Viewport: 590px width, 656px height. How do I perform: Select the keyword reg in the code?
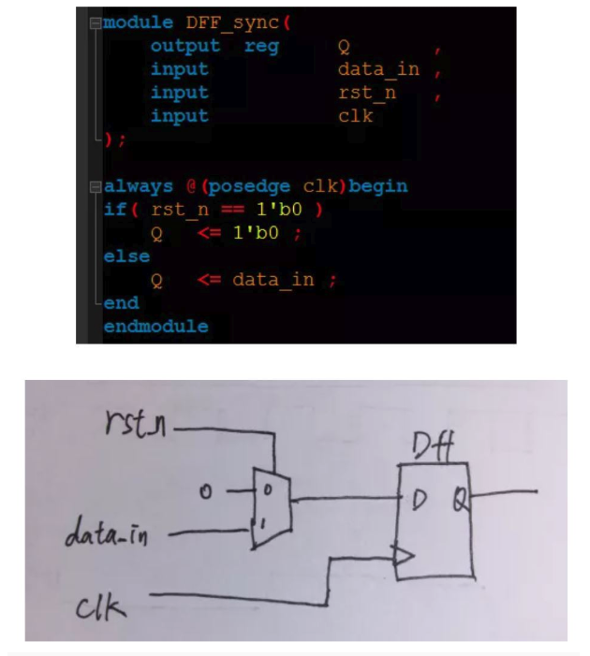click(x=262, y=46)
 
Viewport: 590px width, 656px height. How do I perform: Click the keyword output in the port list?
click(x=185, y=46)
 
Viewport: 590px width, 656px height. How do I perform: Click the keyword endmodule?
click(x=155, y=327)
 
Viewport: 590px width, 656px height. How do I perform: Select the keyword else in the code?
click(x=126, y=255)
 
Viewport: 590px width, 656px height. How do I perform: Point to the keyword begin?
click(x=377, y=185)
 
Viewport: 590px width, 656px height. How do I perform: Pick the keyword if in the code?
click(x=114, y=209)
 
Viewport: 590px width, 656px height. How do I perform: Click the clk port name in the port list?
click(x=355, y=116)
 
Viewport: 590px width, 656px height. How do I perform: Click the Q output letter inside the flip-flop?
click(x=461, y=499)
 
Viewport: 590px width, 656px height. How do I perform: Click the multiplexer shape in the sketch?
click(x=271, y=506)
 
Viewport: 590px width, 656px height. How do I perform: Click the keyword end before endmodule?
click(x=121, y=303)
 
